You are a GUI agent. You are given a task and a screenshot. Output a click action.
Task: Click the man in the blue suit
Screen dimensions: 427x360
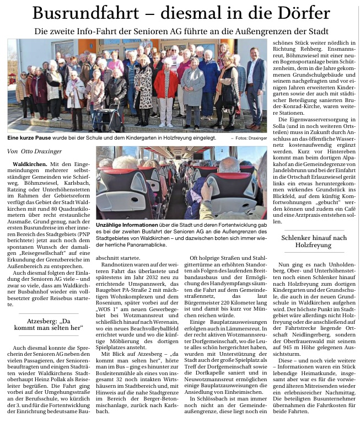255,83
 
